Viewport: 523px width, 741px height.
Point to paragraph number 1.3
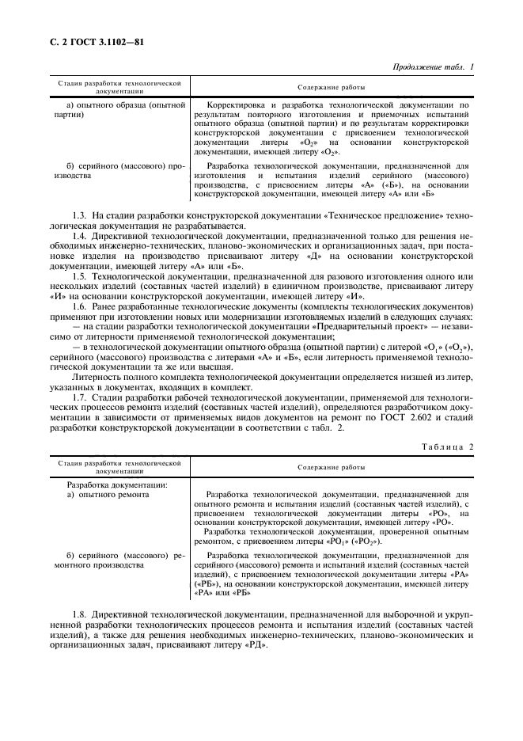click(x=79, y=215)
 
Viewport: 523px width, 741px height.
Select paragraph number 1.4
click(x=79, y=236)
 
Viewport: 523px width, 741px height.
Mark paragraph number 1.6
click(x=79, y=306)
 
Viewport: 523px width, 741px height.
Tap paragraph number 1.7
click(x=79, y=395)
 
